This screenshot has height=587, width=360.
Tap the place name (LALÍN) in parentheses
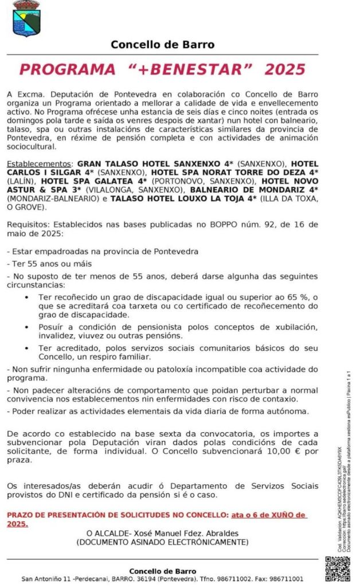[x=21, y=180]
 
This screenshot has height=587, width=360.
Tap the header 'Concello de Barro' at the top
[x=163, y=44]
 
